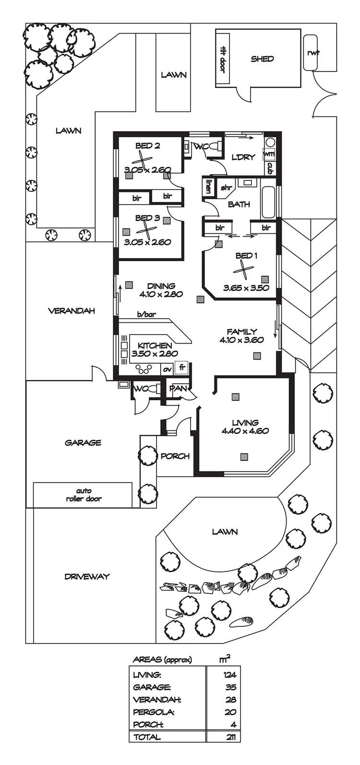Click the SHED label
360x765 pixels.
(x=262, y=59)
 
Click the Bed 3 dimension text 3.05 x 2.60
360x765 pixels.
(x=147, y=242)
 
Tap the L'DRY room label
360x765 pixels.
(x=243, y=157)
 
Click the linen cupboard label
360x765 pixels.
(x=209, y=186)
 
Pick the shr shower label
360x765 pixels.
(x=226, y=188)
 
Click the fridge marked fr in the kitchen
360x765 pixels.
(x=182, y=368)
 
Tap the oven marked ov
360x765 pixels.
(x=167, y=369)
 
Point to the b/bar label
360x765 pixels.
(x=146, y=315)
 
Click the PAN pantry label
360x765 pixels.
(x=178, y=388)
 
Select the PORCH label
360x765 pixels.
(x=175, y=456)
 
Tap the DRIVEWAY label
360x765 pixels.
(x=87, y=576)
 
